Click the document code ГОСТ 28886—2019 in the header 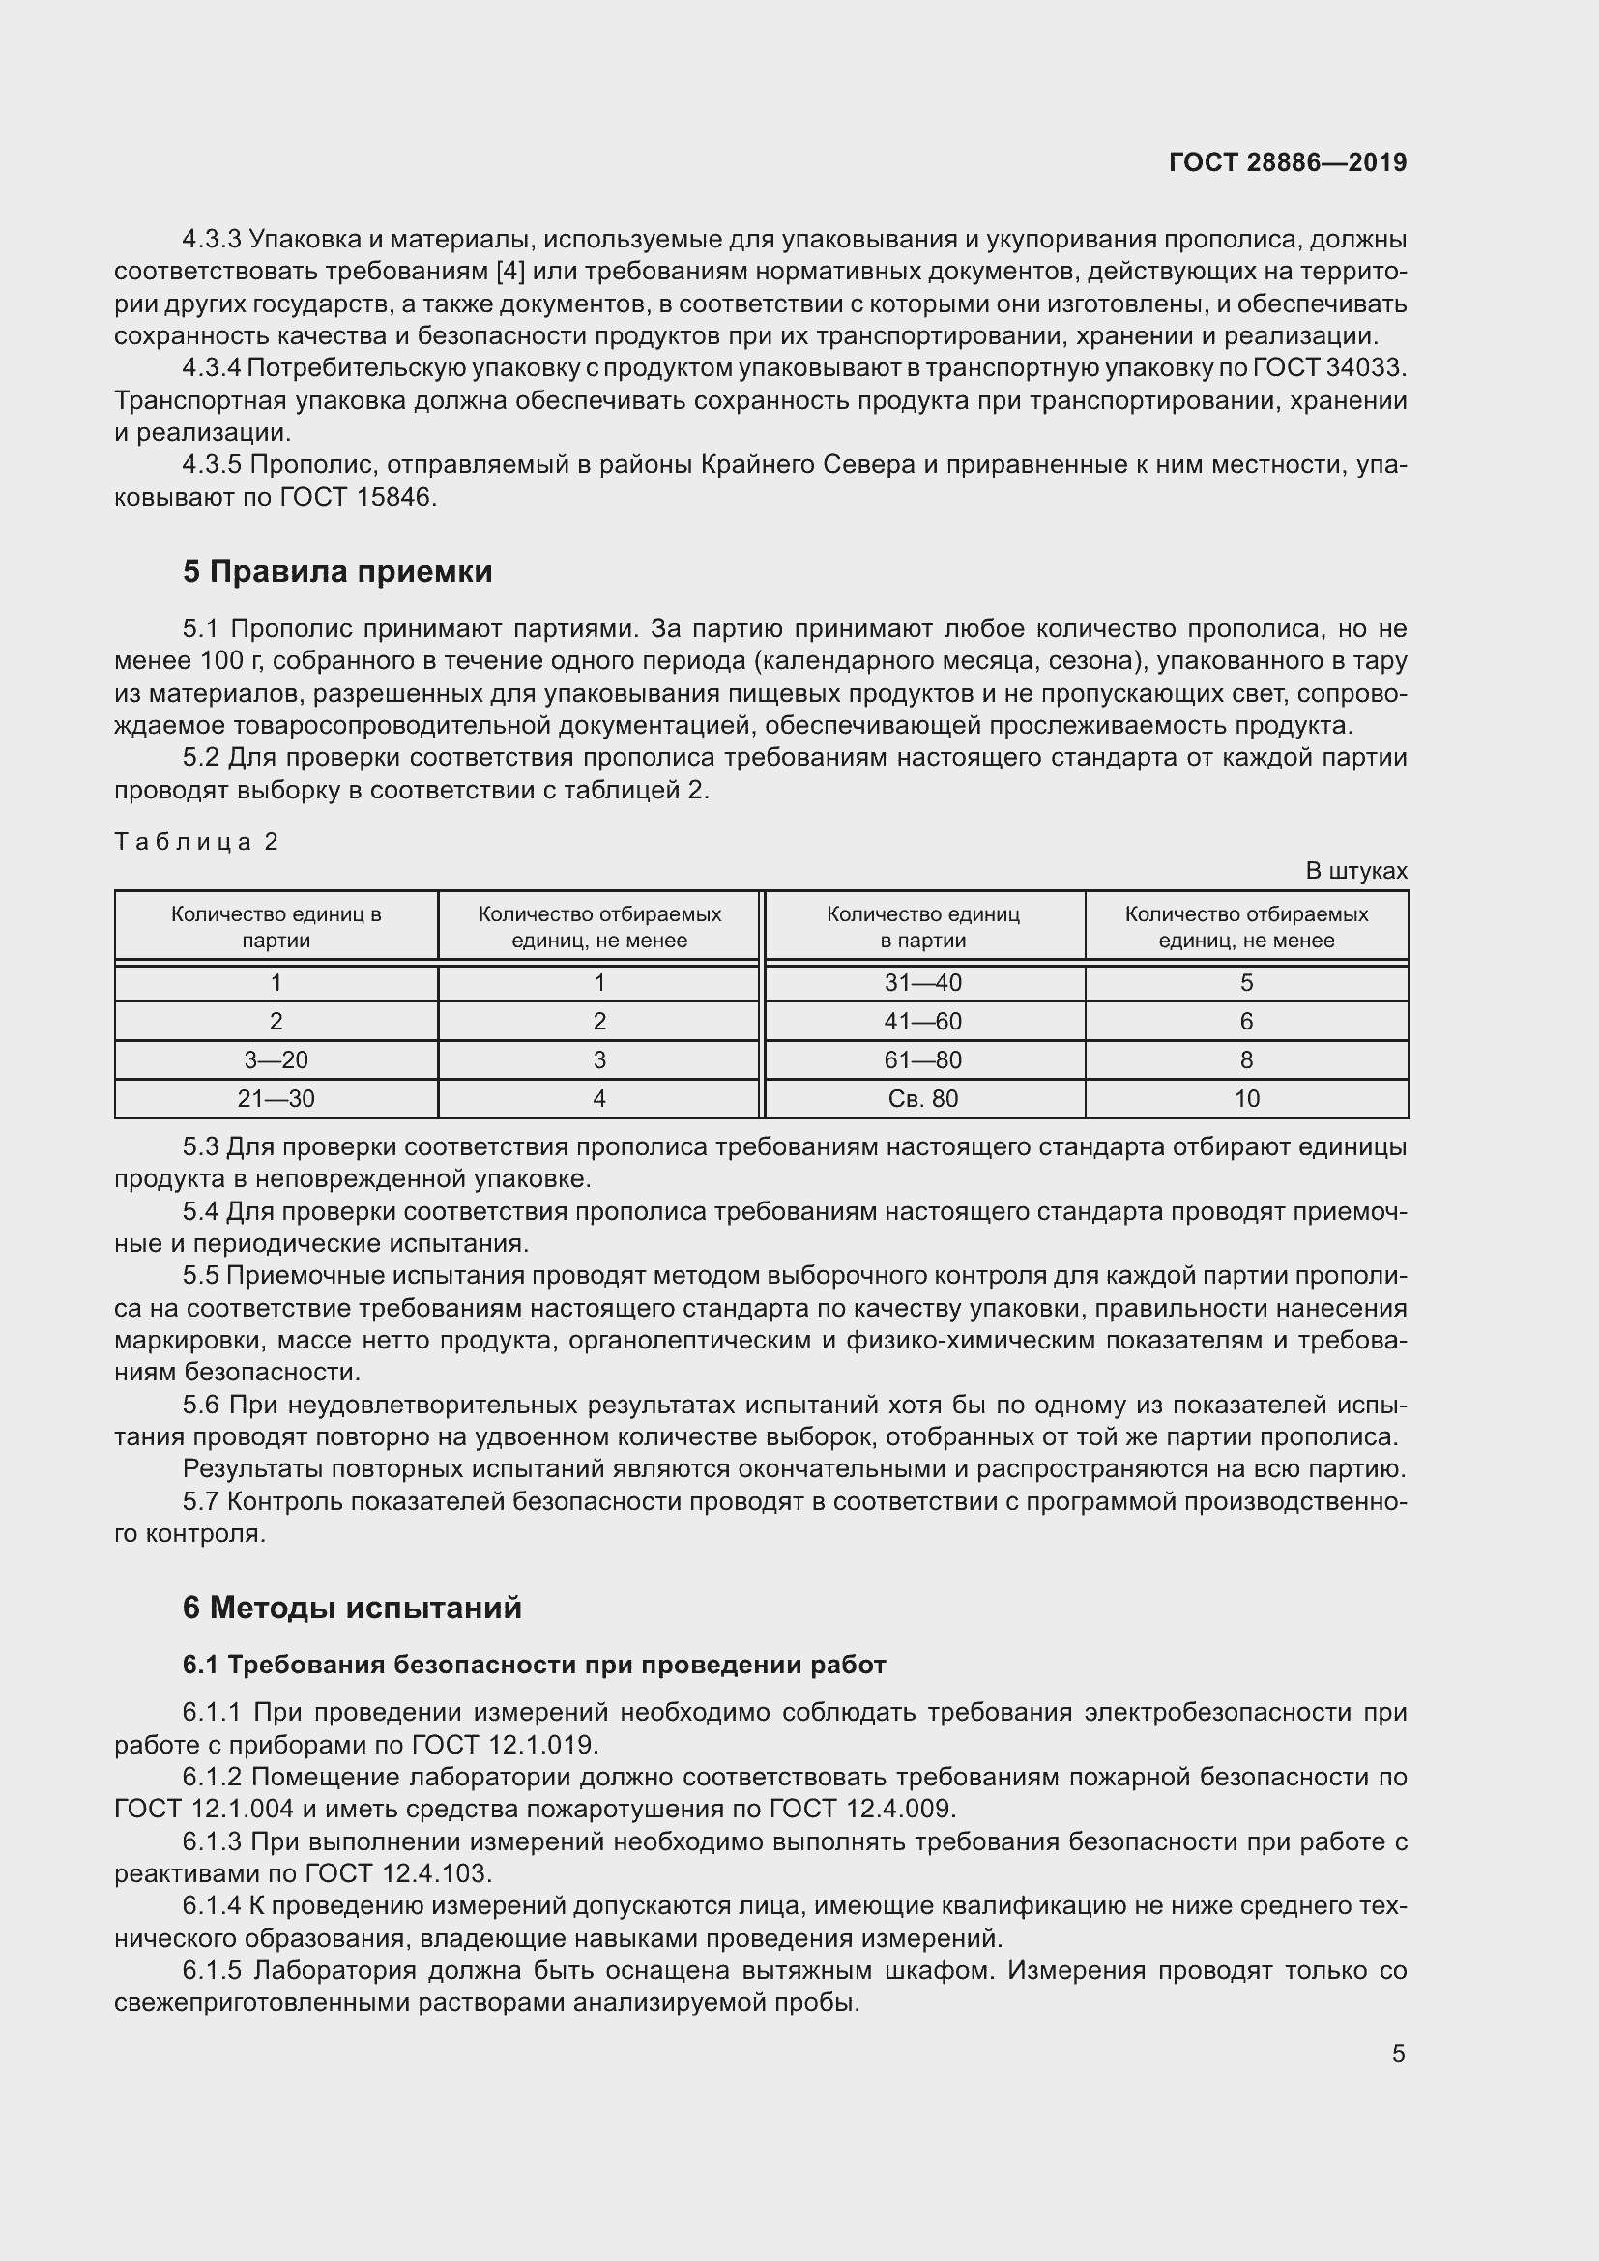(x=1287, y=162)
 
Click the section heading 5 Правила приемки (x=336, y=572)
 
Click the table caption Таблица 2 (x=197, y=841)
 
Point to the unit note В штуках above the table (x=1355, y=871)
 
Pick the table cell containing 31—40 (x=922, y=983)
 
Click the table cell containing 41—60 (x=922, y=1021)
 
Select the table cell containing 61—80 (x=922, y=1059)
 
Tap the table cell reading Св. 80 (x=922, y=1098)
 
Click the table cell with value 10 (x=1246, y=1098)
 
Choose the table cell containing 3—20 (x=276, y=1059)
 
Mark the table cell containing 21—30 (x=276, y=1098)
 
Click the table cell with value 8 (x=1246, y=1059)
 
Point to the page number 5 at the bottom (x=1398, y=2053)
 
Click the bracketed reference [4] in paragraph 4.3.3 (x=512, y=272)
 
